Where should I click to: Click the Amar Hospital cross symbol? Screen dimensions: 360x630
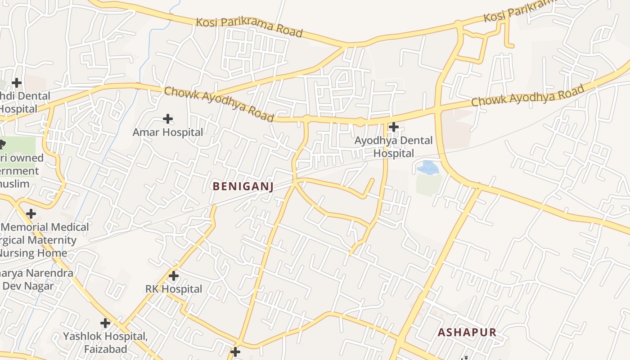click(x=168, y=119)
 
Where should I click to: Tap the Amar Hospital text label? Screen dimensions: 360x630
click(x=168, y=132)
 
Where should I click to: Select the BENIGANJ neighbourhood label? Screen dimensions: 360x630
click(x=243, y=186)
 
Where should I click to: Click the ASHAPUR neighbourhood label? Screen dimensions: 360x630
click(x=467, y=333)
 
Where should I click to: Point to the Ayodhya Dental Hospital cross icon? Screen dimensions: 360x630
click(x=394, y=127)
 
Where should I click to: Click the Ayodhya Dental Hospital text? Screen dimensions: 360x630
click(x=393, y=147)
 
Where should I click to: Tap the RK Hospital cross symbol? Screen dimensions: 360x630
click(x=174, y=275)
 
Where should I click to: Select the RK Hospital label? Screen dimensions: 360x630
click(x=174, y=289)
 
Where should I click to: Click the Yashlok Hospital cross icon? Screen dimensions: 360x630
click(x=105, y=323)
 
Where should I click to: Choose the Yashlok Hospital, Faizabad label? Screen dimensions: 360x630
click(x=105, y=342)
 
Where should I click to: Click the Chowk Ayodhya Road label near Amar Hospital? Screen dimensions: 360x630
click(x=219, y=104)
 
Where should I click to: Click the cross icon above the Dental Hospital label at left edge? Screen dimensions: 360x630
click(x=17, y=83)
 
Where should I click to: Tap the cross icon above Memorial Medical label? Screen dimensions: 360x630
click(x=31, y=213)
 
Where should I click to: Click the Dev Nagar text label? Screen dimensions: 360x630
click(x=28, y=286)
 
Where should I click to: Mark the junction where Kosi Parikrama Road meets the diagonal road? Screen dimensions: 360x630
click(x=346, y=45)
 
